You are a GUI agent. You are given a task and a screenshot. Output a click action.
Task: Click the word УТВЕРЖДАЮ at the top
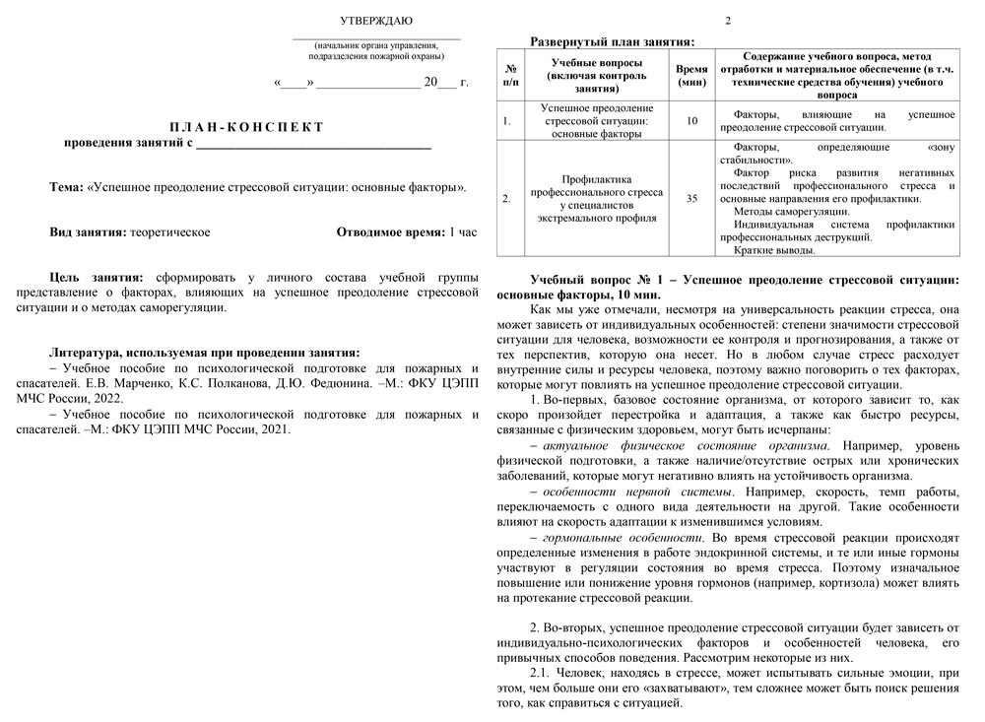point(376,21)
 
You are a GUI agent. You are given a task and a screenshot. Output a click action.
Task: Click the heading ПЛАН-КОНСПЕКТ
point(246,127)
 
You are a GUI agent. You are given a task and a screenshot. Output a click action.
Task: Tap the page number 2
point(728,21)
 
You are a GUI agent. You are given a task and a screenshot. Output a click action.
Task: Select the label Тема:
point(67,187)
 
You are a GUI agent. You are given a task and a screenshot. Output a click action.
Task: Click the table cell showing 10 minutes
point(691,120)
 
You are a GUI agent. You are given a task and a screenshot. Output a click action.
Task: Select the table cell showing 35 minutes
point(691,198)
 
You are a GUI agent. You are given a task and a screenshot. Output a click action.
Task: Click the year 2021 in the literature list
point(266,428)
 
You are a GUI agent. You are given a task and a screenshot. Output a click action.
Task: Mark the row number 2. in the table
point(506,198)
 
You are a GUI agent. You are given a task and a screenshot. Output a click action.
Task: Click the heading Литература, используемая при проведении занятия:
point(205,353)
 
